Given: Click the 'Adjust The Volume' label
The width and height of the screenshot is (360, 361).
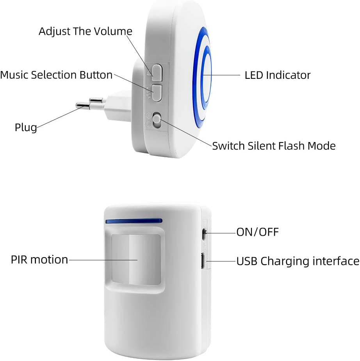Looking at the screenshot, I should [x=86, y=31].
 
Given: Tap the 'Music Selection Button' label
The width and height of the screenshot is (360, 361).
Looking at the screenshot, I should [x=56, y=75].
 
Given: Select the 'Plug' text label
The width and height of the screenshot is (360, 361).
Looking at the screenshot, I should [x=26, y=127].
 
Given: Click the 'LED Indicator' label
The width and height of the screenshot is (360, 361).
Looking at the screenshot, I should [x=277, y=75].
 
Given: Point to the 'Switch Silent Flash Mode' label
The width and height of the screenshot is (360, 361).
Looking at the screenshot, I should [x=274, y=146].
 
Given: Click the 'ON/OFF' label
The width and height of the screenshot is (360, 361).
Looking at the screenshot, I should [x=257, y=232].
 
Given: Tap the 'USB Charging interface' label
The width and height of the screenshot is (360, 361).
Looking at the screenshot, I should [x=298, y=261].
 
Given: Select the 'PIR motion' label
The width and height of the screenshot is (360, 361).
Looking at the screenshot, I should [x=39, y=260].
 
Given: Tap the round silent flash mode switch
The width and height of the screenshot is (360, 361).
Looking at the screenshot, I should [x=157, y=120].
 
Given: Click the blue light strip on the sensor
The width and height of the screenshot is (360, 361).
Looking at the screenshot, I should [x=134, y=221].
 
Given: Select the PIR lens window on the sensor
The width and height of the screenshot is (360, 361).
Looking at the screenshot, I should [x=135, y=258].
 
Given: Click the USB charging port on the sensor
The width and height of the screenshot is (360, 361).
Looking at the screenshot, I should [x=203, y=260].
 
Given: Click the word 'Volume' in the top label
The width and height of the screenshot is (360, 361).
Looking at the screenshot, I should [x=113, y=31].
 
